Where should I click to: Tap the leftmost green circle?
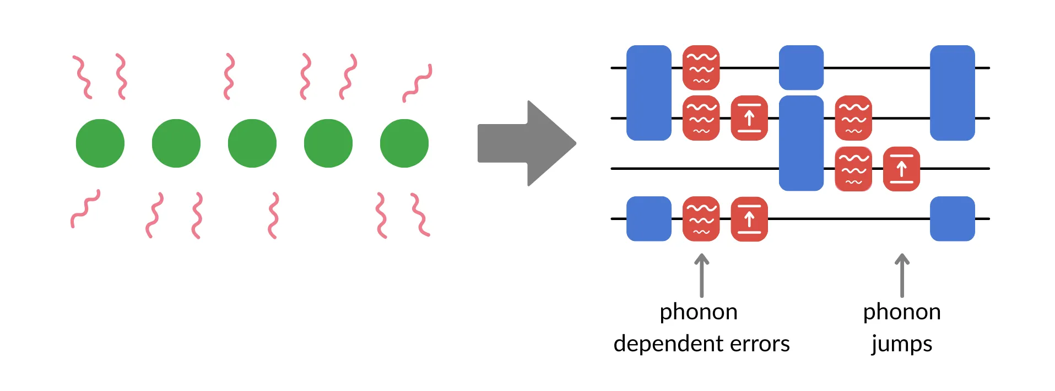click(x=100, y=143)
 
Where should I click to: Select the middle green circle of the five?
click(x=252, y=143)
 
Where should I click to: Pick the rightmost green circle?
click(x=404, y=143)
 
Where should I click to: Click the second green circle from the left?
click(x=176, y=143)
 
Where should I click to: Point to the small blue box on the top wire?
click(x=800, y=67)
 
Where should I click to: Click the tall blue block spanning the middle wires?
click(x=800, y=143)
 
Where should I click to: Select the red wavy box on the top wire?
click(x=701, y=67)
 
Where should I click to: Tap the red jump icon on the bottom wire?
click(x=749, y=219)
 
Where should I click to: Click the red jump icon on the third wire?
click(x=901, y=169)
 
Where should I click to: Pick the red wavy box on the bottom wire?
click(x=701, y=219)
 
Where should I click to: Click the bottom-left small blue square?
click(x=648, y=219)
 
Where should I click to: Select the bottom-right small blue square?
click(x=952, y=219)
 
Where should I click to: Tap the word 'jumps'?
click(x=901, y=344)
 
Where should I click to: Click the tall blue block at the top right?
click(x=952, y=93)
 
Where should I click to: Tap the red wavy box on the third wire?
click(x=853, y=169)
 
